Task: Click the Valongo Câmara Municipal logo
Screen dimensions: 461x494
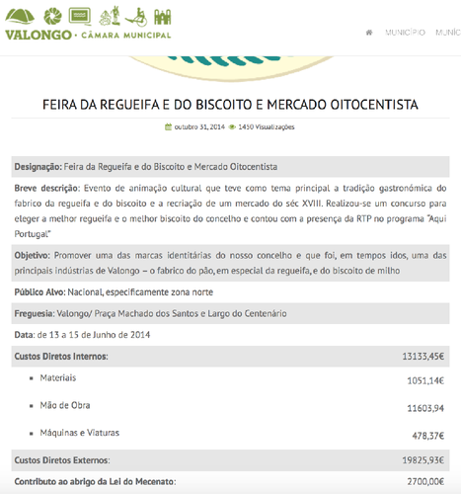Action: point(88,23)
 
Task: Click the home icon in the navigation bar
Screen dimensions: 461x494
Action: point(369,33)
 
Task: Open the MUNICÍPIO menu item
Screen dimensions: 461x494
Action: point(405,33)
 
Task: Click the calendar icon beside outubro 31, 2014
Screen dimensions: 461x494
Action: point(168,126)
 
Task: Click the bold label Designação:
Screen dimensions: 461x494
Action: point(38,167)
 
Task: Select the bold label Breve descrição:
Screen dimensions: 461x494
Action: point(47,188)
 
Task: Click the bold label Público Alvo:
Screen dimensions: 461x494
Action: point(41,292)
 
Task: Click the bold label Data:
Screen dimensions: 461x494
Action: point(25,335)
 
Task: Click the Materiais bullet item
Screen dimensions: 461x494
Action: point(58,378)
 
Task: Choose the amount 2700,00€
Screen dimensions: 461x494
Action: point(426,481)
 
